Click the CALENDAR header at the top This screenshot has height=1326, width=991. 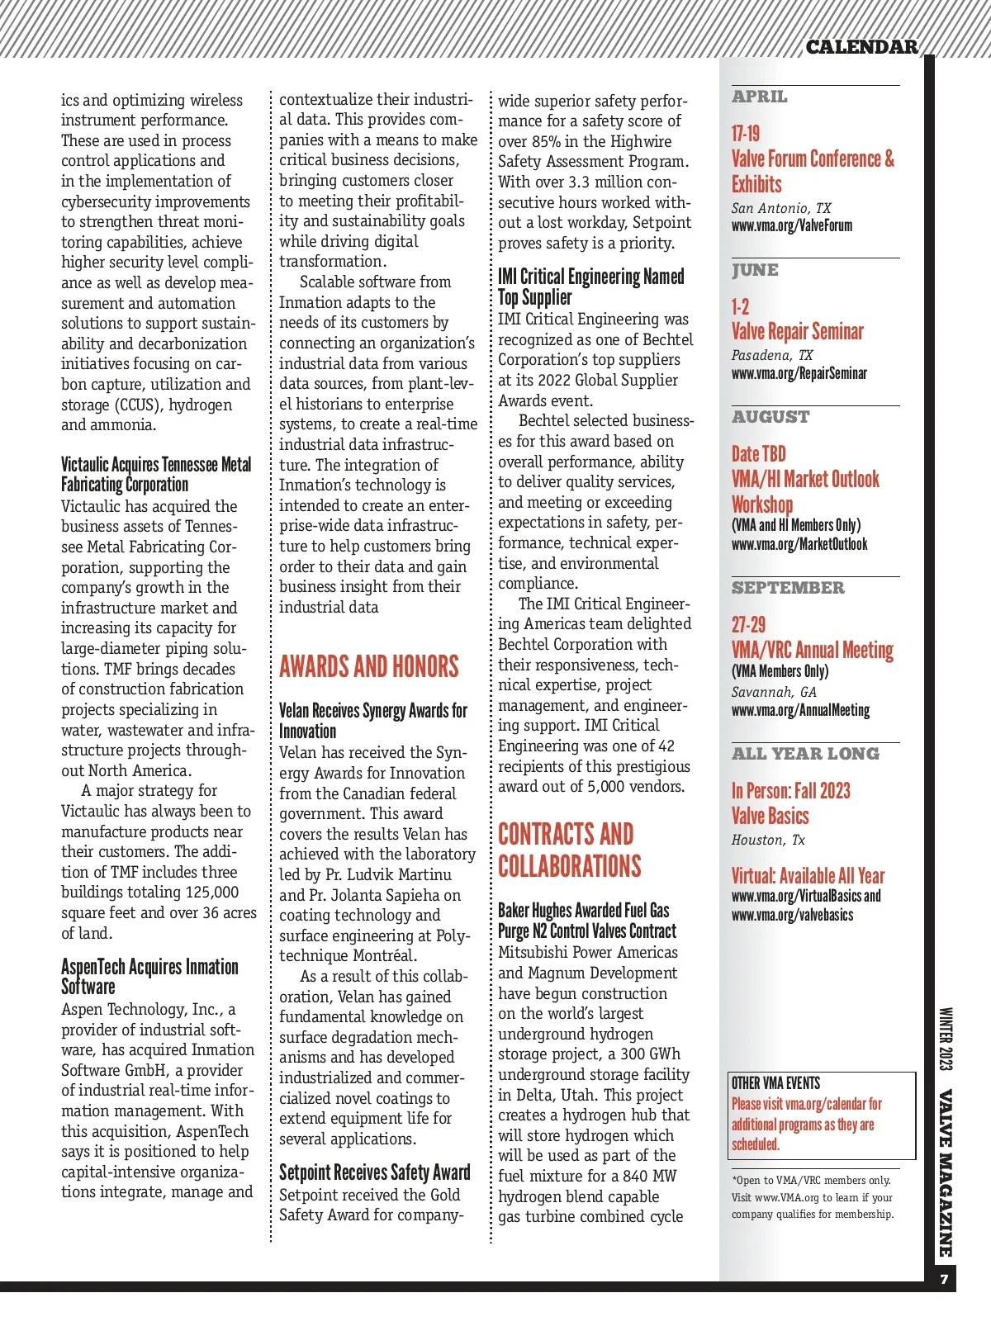click(x=861, y=47)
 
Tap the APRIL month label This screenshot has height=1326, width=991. click(x=759, y=97)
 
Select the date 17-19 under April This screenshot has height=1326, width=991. click(x=746, y=134)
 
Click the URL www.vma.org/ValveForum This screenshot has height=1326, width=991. click(x=791, y=225)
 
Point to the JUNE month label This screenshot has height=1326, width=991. click(x=755, y=270)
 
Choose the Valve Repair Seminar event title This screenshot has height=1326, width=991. click(x=797, y=331)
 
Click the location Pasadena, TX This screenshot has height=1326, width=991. click(x=771, y=355)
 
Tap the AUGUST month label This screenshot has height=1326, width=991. click(x=771, y=417)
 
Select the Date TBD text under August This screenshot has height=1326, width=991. click(x=758, y=453)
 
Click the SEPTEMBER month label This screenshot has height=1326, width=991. click(x=788, y=588)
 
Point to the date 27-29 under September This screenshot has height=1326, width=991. click(x=748, y=625)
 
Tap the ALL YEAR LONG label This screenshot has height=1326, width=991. click(x=805, y=754)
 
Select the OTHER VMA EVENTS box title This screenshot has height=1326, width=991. click(x=775, y=1083)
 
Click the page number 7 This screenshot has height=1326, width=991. click(x=944, y=1280)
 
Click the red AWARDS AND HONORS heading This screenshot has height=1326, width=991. click(x=368, y=666)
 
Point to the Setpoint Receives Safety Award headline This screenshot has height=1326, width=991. click(x=374, y=1172)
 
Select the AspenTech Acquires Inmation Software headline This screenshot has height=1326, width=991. click(x=149, y=976)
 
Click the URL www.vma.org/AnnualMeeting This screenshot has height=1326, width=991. click(x=800, y=710)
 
